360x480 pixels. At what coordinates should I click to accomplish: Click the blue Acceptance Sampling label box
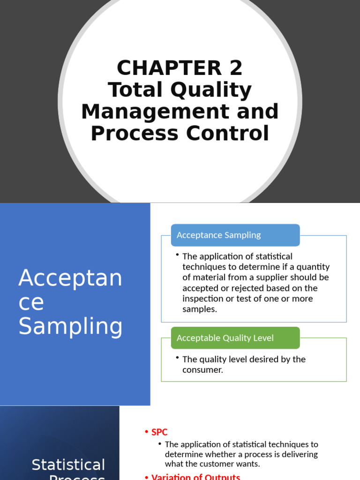point(235,235)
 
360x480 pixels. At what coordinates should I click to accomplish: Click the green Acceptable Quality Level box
point(235,338)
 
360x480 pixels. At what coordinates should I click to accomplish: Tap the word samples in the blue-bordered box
point(199,309)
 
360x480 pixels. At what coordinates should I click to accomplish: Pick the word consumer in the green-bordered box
point(202,370)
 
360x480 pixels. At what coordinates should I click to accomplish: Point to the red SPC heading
point(159,432)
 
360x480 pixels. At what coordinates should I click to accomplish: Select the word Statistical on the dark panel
point(68,465)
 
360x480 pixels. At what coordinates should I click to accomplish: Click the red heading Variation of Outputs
point(195,477)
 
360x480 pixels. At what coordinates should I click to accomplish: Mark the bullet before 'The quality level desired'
point(178,358)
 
